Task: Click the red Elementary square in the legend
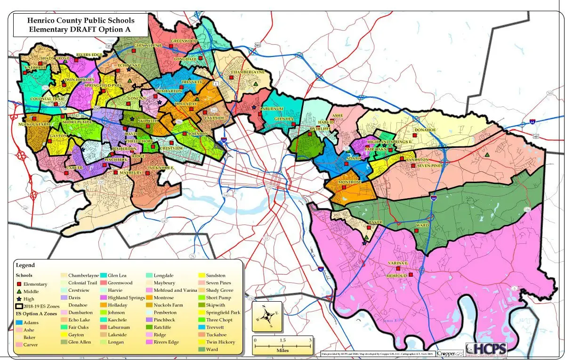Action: pos(19,284)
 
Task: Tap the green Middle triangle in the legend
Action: pos(19,292)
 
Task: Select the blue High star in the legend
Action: pos(19,299)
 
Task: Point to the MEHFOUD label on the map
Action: pos(396,275)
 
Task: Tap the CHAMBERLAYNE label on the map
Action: pos(248,72)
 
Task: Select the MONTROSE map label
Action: pos(349,182)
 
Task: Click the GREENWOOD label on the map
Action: pos(184,41)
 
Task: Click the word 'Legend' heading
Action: pos(25,265)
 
